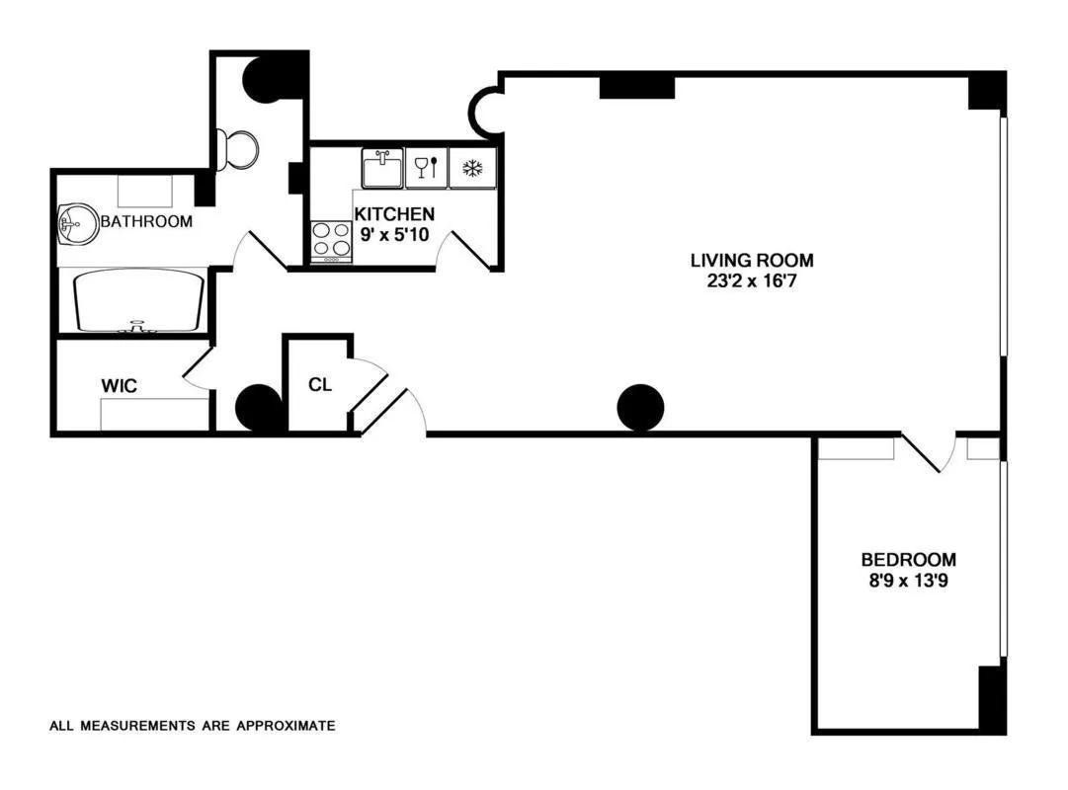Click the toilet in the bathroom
point(240,150)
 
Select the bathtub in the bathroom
point(139,301)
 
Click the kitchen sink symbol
point(381,169)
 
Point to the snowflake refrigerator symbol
point(472,168)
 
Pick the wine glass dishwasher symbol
point(427,168)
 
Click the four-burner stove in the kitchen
point(332,240)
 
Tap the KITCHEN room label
point(394,214)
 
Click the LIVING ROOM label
point(752,261)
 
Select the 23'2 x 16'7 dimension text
point(752,279)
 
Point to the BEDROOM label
point(908,560)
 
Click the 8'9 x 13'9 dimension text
point(908,580)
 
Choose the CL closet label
point(319,384)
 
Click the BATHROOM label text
point(147,222)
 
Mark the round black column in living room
point(640,407)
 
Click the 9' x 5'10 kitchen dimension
point(394,233)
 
